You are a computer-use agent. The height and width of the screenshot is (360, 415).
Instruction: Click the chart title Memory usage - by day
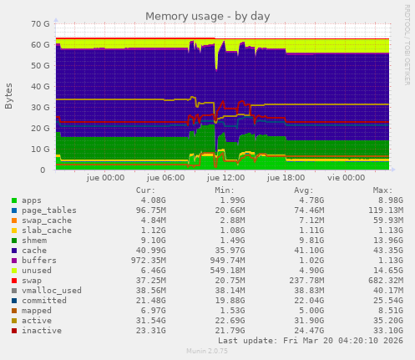(x=207, y=16)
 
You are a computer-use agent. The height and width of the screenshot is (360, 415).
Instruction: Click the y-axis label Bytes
(x=9, y=96)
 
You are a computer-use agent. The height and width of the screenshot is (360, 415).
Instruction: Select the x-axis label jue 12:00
(x=225, y=178)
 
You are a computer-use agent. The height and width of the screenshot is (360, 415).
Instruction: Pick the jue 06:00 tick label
(x=165, y=178)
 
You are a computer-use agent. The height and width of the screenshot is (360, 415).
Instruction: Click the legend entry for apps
(x=32, y=200)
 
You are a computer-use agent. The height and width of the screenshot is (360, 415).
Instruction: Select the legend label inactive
(x=39, y=330)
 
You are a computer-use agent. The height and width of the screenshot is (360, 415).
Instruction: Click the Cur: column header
(x=145, y=190)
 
